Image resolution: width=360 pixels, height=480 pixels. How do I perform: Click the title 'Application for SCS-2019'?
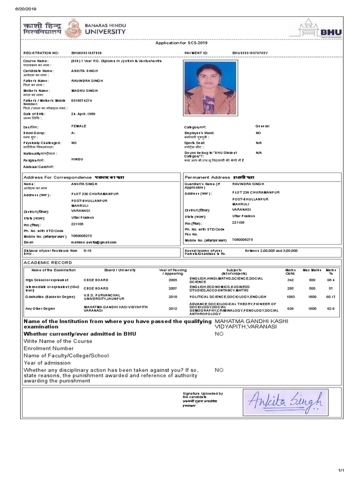(x=180, y=43)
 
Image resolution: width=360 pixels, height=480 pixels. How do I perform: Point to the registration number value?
(x=86, y=53)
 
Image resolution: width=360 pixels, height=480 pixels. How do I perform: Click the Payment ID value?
(x=250, y=53)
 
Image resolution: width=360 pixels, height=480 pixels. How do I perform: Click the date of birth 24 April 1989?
(x=82, y=114)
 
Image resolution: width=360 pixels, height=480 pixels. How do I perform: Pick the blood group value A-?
(x=74, y=133)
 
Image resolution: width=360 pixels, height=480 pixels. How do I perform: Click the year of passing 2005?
(x=173, y=279)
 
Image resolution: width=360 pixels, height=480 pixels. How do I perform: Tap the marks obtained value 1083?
(x=291, y=297)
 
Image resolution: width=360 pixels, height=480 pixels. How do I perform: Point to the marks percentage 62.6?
(x=331, y=309)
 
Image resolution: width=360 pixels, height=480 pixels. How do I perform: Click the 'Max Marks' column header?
(x=311, y=270)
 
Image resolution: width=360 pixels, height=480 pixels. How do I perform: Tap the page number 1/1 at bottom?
(x=341, y=470)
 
